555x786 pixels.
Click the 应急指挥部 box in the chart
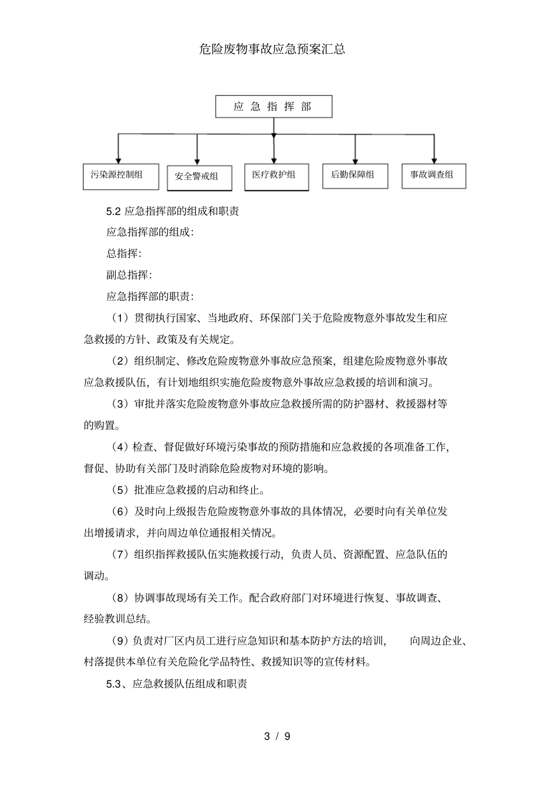(273, 107)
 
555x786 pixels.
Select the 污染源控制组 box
(121, 176)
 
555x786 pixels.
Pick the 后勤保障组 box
(355, 175)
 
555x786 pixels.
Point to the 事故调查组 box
(433, 175)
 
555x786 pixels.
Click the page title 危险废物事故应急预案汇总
(272, 49)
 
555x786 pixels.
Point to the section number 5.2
(113, 212)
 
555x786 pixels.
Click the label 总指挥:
(124, 254)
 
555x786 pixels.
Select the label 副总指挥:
(129, 275)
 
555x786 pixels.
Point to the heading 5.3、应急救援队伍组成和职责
(176, 683)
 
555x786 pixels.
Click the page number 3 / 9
(277, 736)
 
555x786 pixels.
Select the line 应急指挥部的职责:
(150, 296)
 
